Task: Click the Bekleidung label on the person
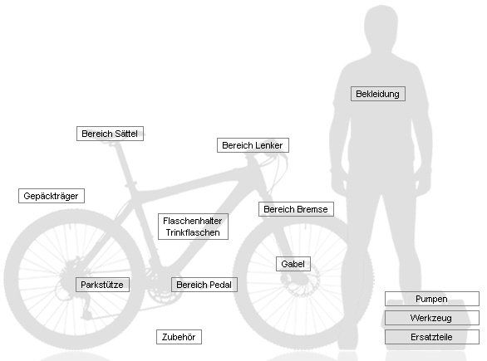point(378,94)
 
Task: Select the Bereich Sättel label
point(110,134)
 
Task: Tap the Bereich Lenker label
point(253,145)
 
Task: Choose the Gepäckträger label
point(52,196)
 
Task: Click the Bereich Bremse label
point(296,209)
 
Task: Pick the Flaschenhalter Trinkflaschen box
point(193,227)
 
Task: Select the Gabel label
point(293,264)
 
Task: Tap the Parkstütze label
point(102,285)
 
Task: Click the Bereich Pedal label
point(204,285)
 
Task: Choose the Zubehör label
point(179,337)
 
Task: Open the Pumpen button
point(431,299)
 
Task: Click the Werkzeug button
point(431,318)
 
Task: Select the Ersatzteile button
point(431,337)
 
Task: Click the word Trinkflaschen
point(193,232)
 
